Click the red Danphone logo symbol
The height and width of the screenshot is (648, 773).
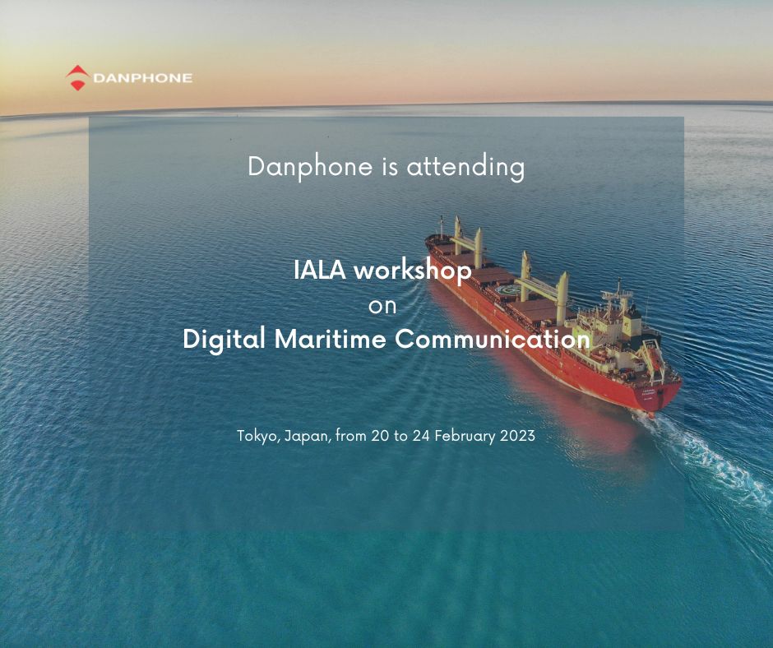tap(77, 77)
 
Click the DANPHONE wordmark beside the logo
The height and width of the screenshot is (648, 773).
tap(142, 78)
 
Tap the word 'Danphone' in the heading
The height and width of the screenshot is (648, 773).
tap(310, 167)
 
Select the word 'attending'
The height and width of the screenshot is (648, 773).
tap(465, 167)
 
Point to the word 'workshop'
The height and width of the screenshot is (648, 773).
tap(413, 271)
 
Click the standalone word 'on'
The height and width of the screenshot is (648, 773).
tap(382, 306)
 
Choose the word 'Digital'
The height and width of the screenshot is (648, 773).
tap(224, 340)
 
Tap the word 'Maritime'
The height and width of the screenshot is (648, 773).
tap(331, 340)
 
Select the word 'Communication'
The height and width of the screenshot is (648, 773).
tap(493, 340)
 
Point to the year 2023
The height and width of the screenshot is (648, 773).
tap(517, 436)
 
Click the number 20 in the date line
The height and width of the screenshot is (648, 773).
tap(380, 436)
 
